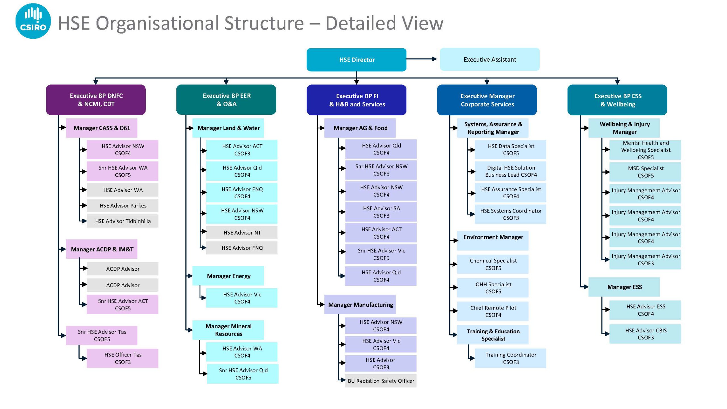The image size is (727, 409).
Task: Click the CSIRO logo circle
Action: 33,21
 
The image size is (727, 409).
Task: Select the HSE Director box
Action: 356,60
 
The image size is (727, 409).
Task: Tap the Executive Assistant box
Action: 490,59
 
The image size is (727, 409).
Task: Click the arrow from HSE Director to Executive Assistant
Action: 421,59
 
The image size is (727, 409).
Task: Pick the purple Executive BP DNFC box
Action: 96,100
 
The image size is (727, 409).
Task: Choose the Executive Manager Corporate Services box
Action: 487,100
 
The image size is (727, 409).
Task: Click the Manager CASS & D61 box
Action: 102,128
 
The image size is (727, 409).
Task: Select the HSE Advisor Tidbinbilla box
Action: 122,221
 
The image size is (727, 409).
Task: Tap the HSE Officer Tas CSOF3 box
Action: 122,358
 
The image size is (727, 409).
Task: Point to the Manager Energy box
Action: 228,276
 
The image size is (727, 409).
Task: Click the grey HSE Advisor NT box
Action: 242,233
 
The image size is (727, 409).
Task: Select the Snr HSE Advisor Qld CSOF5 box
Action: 243,374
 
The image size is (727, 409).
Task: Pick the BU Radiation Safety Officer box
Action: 381,381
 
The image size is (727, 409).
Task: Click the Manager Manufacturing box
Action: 360,304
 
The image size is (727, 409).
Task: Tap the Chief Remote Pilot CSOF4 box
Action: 493,311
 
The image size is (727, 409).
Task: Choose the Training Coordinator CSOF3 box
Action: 511,358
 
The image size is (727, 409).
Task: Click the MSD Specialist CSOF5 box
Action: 645,172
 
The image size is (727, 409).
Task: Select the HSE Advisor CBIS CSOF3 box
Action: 645,334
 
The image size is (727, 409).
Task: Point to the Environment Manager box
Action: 493,241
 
